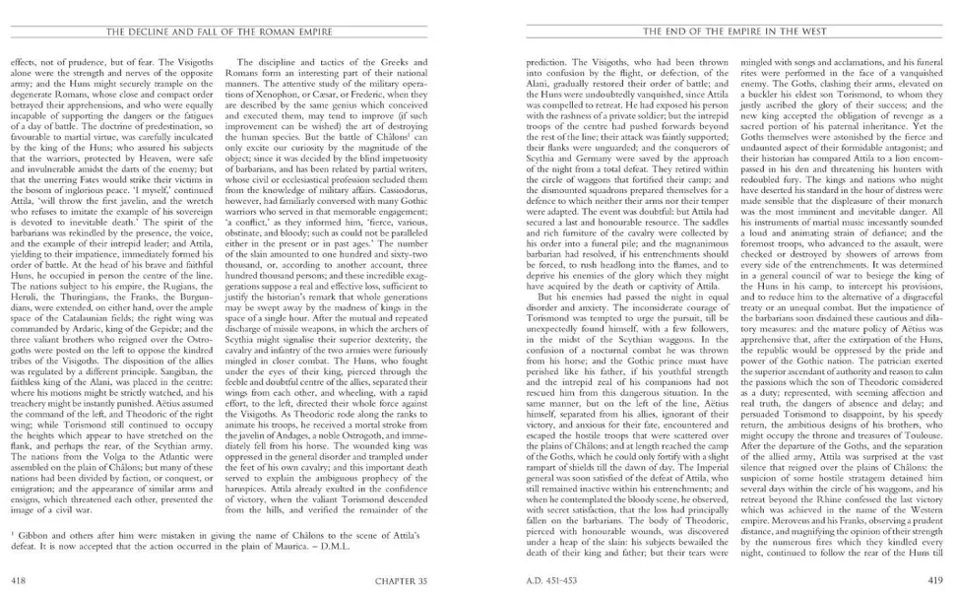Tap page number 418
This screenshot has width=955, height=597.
tap(18, 579)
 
